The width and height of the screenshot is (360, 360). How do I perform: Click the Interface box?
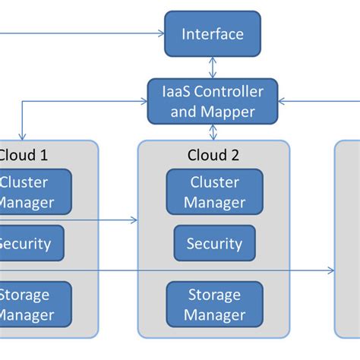pos(213,34)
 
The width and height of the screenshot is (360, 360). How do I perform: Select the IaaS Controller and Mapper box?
pos(213,102)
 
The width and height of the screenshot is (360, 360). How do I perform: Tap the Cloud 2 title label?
pos(213,156)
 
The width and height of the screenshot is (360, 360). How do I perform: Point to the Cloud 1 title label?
pos(23,156)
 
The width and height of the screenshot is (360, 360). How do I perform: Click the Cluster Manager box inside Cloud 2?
pos(214,192)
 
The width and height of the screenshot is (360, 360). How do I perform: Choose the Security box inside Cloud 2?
pos(214,244)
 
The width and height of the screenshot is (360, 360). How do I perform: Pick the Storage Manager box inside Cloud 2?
pos(214,304)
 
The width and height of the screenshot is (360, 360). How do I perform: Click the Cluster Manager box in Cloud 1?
pos(34,192)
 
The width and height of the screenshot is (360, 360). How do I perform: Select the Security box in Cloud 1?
pos(30,244)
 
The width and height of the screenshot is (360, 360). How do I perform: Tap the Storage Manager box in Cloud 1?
pos(34,304)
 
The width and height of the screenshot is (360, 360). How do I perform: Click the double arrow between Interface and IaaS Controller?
pos(213,68)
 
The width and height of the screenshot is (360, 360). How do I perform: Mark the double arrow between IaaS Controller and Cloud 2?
pos(213,133)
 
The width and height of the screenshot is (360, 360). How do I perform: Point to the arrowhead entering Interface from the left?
pos(160,33)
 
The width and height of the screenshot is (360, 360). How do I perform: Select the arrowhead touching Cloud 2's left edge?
pos(134,221)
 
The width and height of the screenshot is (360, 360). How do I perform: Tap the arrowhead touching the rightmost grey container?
pos(331,270)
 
